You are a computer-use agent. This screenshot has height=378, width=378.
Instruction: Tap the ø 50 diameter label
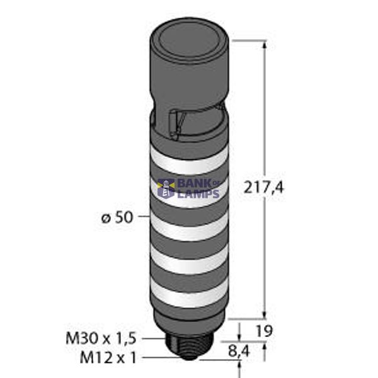pyautogui.click(x=116, y=218)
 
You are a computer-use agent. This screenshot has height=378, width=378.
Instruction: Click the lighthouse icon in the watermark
pyautogui.click(x=167, y=188)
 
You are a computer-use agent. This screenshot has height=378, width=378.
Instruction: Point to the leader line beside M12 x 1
pyautogui.click(x=157, y=357)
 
